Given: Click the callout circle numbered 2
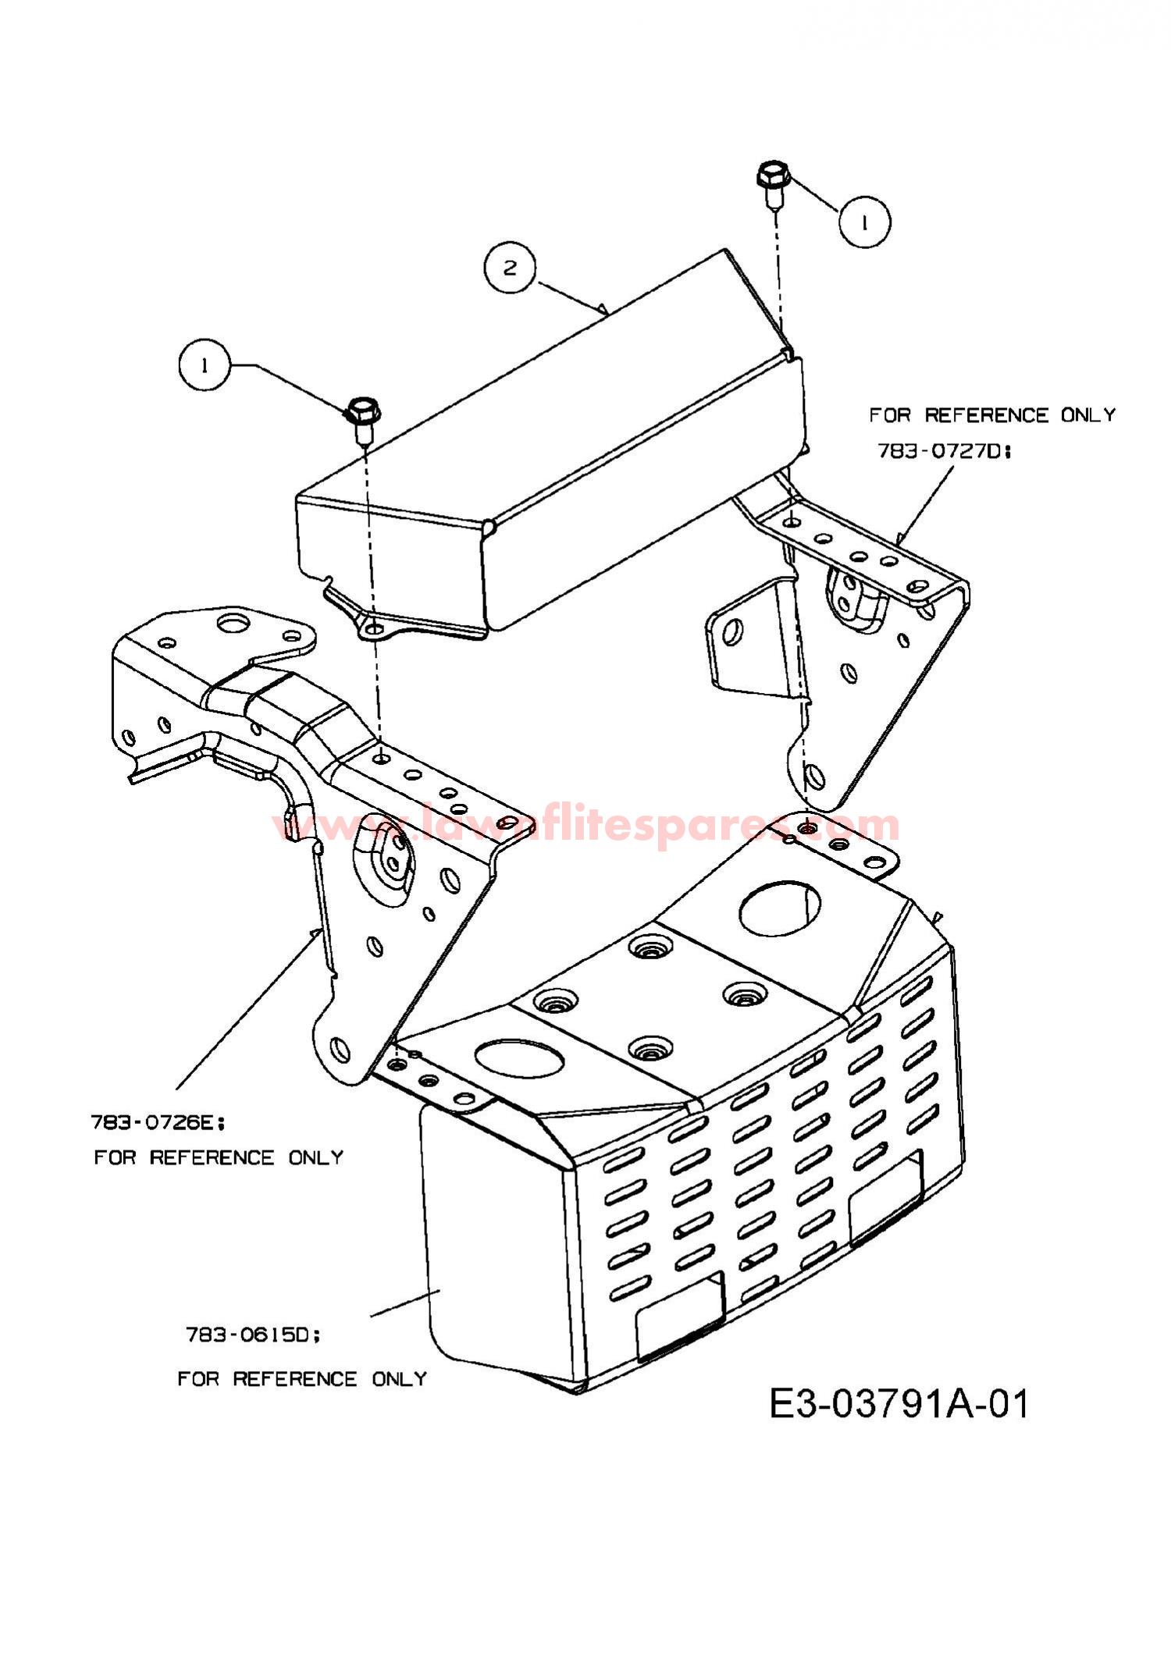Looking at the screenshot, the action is coord(510,268).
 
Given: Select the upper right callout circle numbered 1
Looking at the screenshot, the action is coord(865,222).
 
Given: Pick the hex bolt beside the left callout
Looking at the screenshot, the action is coord(361,419).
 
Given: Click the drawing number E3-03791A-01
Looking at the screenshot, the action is coord(899,1404).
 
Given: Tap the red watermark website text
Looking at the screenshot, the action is coord(585,825).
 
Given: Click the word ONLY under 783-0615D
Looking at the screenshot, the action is coord(400,1379).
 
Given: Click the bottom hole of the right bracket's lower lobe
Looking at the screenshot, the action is coord(813,775).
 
